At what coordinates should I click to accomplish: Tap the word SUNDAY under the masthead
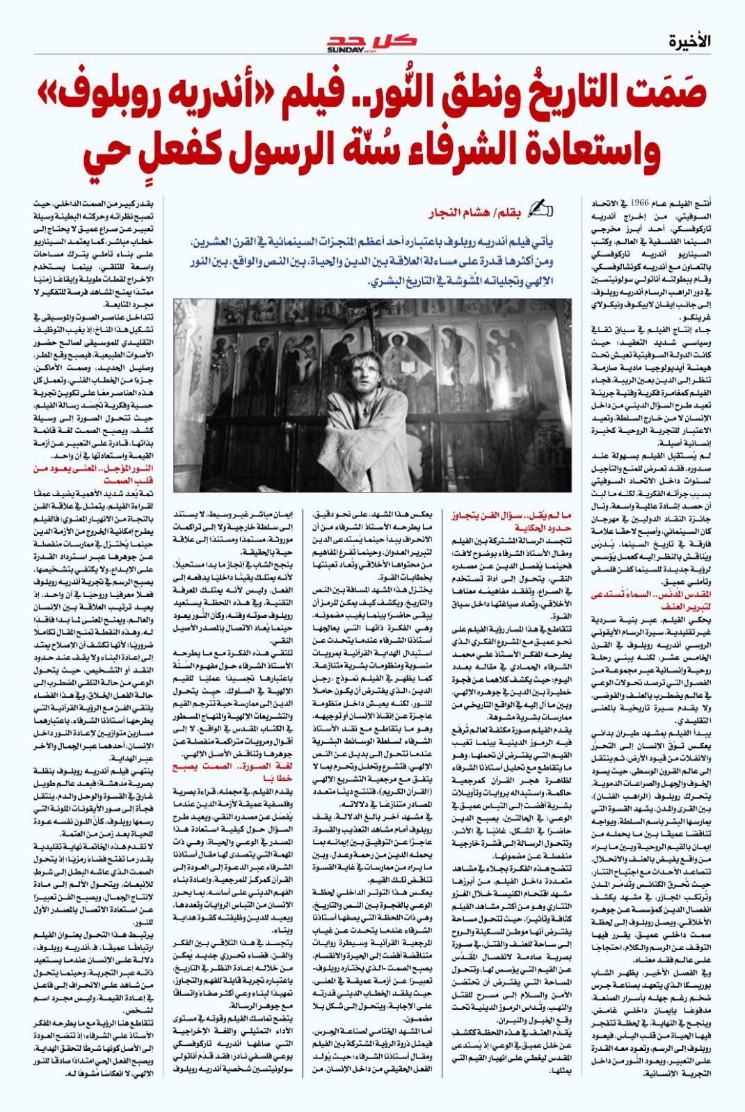coord(342,49)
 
